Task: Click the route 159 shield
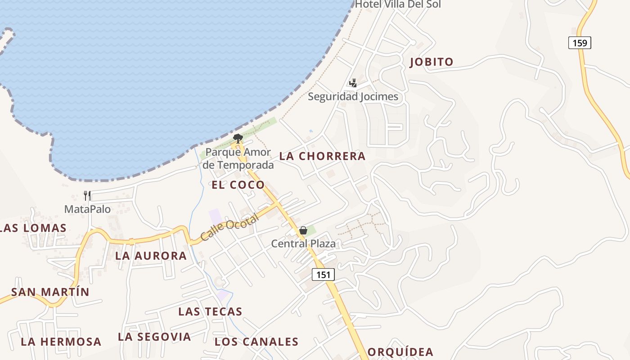(580, 43)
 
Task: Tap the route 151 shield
(323, 274)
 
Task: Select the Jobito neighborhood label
(431, 62)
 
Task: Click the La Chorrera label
(322, 156)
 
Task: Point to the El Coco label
(238, 184)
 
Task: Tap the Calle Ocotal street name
(229, 227)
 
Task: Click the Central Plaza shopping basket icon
(303, 231)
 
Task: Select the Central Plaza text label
(303, 244)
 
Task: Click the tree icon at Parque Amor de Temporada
(238, 138)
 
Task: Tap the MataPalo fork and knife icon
(87, 196)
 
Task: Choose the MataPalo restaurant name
(87, 209)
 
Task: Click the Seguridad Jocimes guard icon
(353, 83)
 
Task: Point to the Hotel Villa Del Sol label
(398, 4)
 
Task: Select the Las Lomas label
(33, 228)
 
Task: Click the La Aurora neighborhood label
(151, 256)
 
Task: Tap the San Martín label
(50, 292)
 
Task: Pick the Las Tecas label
(210, 311)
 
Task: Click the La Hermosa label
(61, 342)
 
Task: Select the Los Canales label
(256, 342)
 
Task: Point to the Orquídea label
(400, 352)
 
